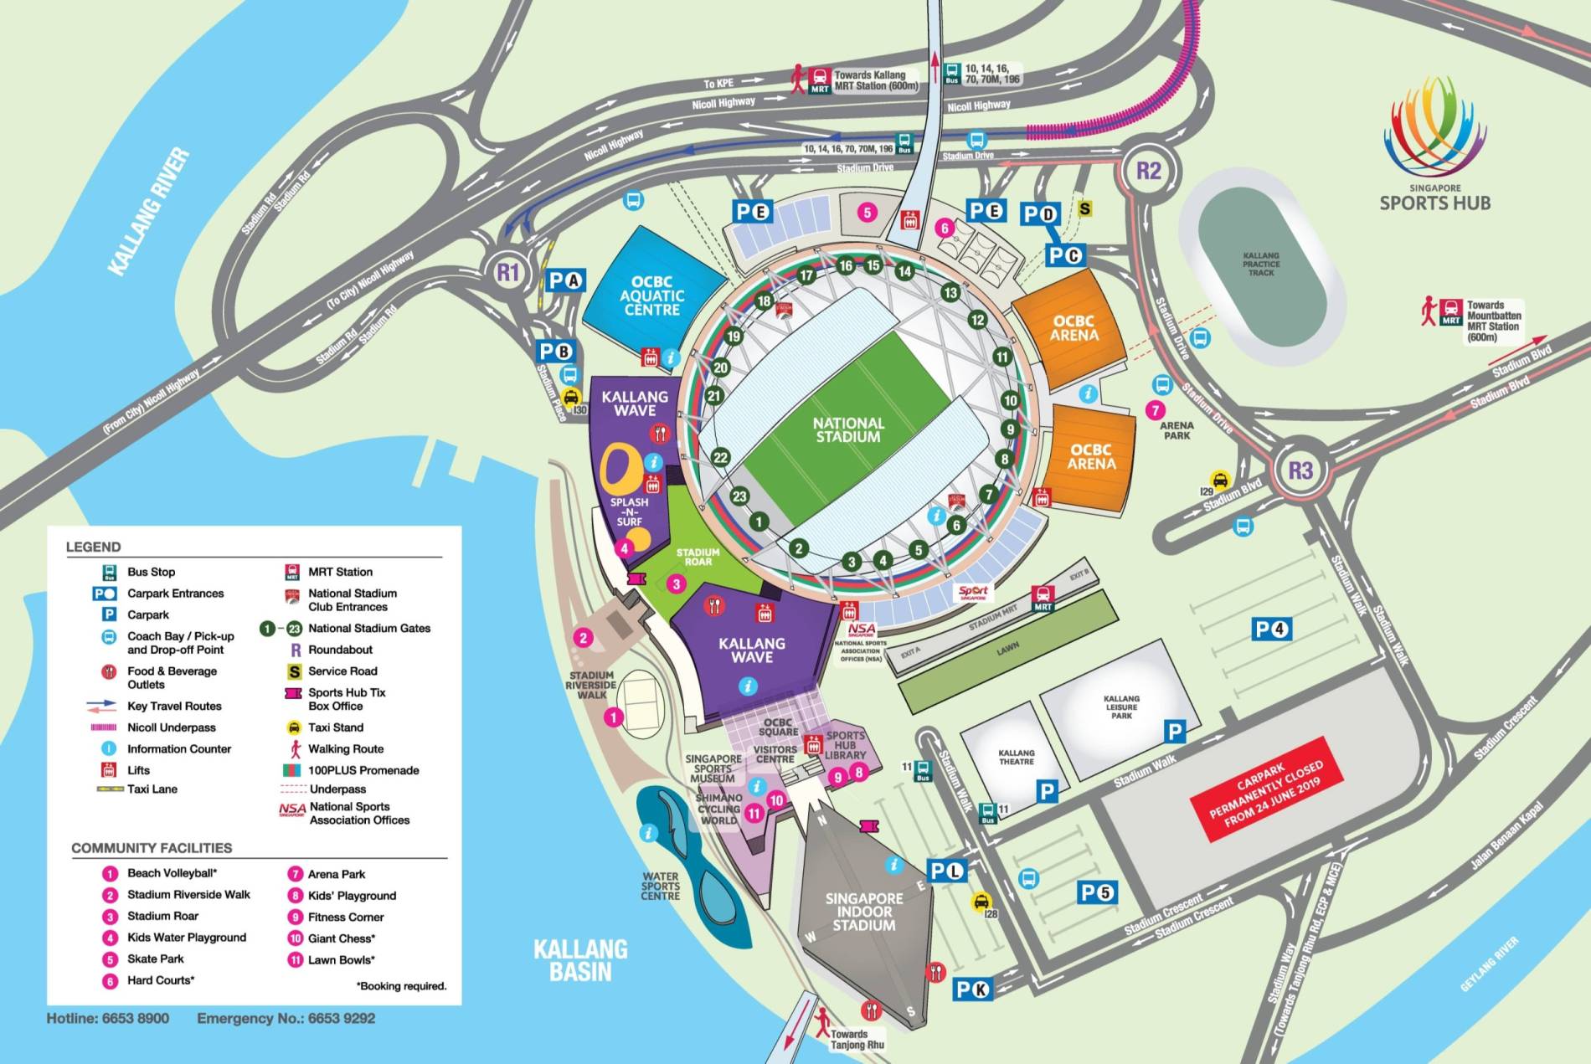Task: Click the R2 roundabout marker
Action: (x=1148, y=172)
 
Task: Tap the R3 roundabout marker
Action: (x=1300, y=470)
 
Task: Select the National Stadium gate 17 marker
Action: (x=806, y=275)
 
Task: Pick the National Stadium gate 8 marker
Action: (x=1005, y=459)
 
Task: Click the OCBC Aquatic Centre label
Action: (x=651, y=296)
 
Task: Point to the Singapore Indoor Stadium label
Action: (x=864, y=912)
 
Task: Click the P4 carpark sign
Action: (x=1271, y=630)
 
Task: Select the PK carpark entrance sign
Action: (x=972, y=989)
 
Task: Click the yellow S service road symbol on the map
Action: (x=1084, y=208)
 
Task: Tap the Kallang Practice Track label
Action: (x=1261, y=264)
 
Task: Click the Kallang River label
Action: (x=149, y=212)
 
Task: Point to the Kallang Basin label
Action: (x=580, y=960)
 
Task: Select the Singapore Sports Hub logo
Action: (x=1434, y=142)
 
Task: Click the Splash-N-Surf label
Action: (x=629, y=511)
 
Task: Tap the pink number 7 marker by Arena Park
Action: (x=1155, y=410)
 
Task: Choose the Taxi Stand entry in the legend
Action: (x=335, y=727)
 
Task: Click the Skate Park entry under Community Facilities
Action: (x=155, y=959)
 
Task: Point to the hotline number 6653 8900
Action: (x=108, y=1019)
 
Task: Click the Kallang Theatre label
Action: (x=1016, y=757)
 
